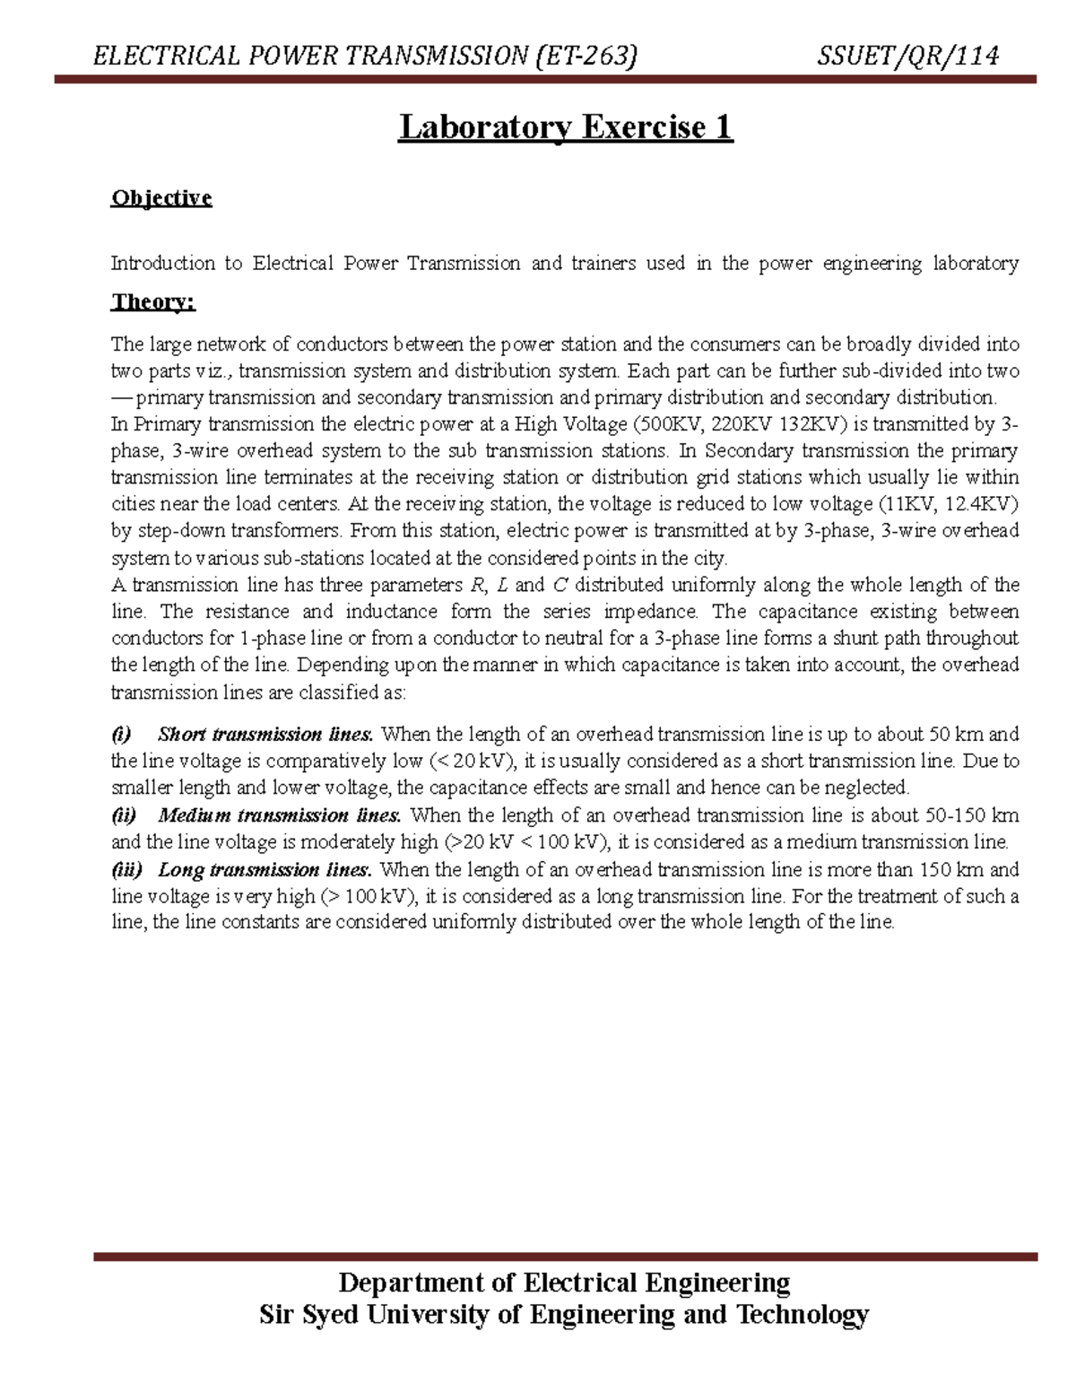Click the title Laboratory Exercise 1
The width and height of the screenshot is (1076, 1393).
(566, 127)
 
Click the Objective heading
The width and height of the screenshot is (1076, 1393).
(161, 197)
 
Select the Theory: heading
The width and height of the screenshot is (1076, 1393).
(152, 301)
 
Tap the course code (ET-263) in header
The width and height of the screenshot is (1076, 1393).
(586, 57)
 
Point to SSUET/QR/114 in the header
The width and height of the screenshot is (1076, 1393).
(907, 57)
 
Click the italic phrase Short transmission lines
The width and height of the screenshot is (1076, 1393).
(265, 735)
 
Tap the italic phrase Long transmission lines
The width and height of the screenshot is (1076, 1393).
(265, 869)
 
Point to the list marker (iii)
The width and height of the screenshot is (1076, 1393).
(126, 869)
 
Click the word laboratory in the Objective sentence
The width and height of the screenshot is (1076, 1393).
(976, 264)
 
